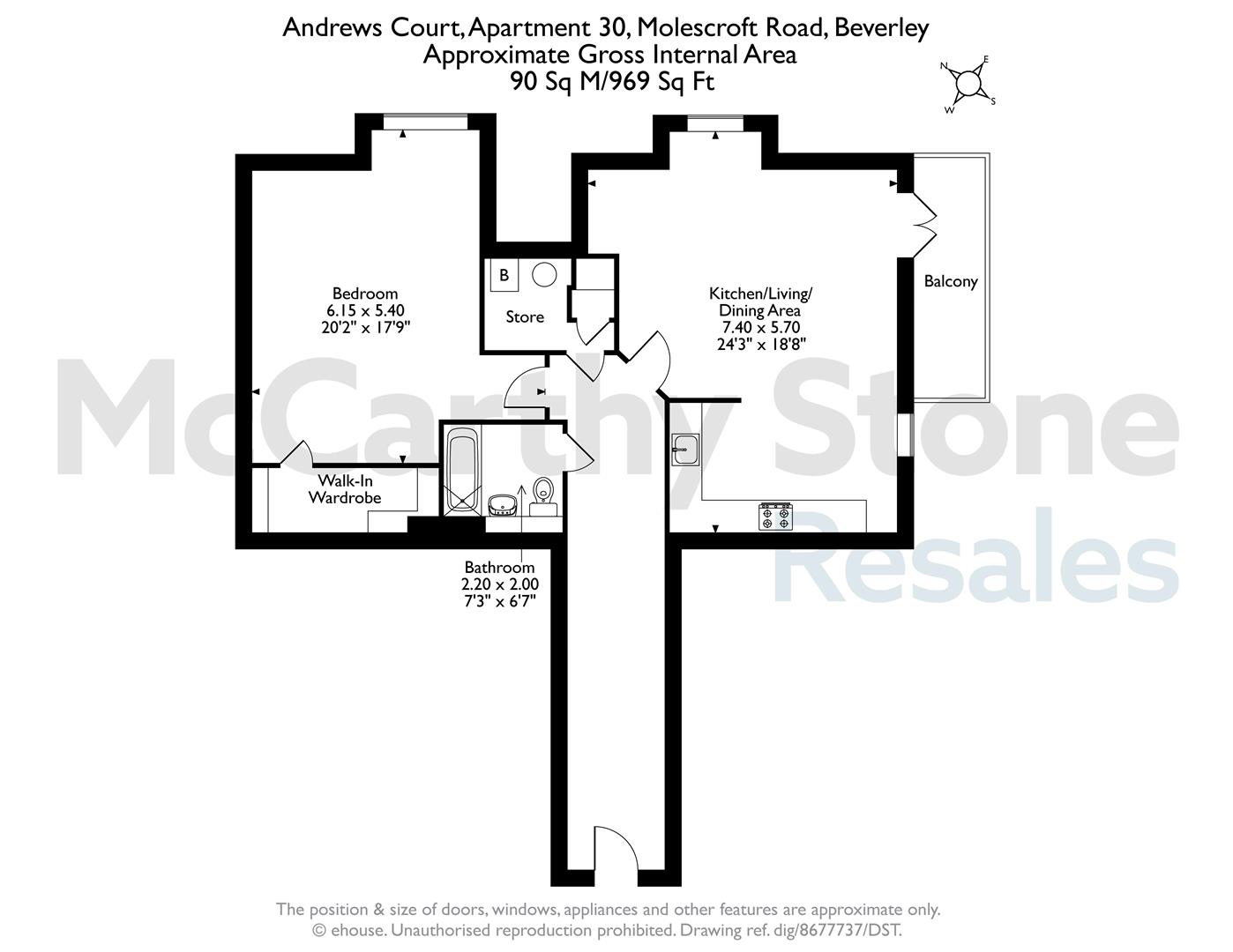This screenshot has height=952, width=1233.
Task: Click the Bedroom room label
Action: coord(365,294)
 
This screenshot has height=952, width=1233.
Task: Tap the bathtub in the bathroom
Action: coord(462,470)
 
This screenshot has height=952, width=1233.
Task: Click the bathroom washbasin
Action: coord(503,504)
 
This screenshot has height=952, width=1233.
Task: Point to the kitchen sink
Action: coord(686,450)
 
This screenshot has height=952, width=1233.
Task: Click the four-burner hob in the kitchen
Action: coord(775,517)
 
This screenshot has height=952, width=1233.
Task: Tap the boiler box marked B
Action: coord(504,276)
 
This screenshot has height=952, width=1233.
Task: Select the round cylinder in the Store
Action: coord(544,275)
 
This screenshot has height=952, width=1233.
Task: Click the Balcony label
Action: coord(951,282)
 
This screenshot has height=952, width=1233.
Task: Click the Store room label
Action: coord(525,317)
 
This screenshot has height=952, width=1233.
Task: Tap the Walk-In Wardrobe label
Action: coord(345,489)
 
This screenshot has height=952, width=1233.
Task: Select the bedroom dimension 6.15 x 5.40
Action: coord(365,310)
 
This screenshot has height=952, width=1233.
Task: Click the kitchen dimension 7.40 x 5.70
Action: coord(761,327)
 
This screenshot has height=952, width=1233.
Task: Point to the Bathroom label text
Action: coord(499,567)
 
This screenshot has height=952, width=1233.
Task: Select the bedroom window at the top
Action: coord(425,122)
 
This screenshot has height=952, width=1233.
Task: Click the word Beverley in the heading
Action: coord(882,28)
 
